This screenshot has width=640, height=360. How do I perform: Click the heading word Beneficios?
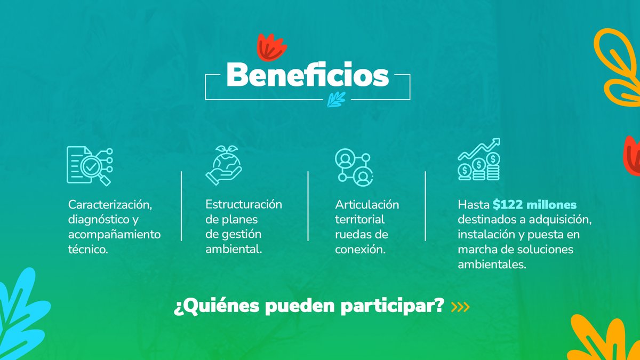click(x=308, y=76)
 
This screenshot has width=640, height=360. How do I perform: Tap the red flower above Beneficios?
click(x=271, y=47)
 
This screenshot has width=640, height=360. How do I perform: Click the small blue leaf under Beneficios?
click(x=337, y=99)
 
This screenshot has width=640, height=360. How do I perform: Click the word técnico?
click(x=88, y=249)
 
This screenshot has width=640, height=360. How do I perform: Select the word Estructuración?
click(x=244, y=204)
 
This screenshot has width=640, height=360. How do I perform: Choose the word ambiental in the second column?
click(x=234, y=249)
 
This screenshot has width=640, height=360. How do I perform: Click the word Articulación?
click(x=367, y=205)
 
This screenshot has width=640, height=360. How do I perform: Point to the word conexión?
click(x=360, y=249)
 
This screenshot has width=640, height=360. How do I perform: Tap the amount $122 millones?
click(x=534, y=205)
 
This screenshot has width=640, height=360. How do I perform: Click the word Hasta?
click(x=473, y=205)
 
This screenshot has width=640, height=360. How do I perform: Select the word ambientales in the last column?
click(x=492, y=264)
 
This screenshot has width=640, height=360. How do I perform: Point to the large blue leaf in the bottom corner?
click(x=21, y=315)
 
